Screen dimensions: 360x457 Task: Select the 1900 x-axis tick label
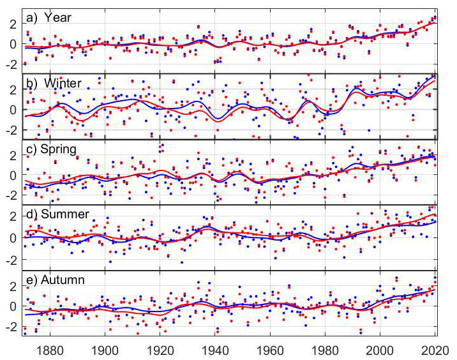[105, 350]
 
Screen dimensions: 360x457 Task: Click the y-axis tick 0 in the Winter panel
[13, 109]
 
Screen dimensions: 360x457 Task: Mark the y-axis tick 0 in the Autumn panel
[13, 306]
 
